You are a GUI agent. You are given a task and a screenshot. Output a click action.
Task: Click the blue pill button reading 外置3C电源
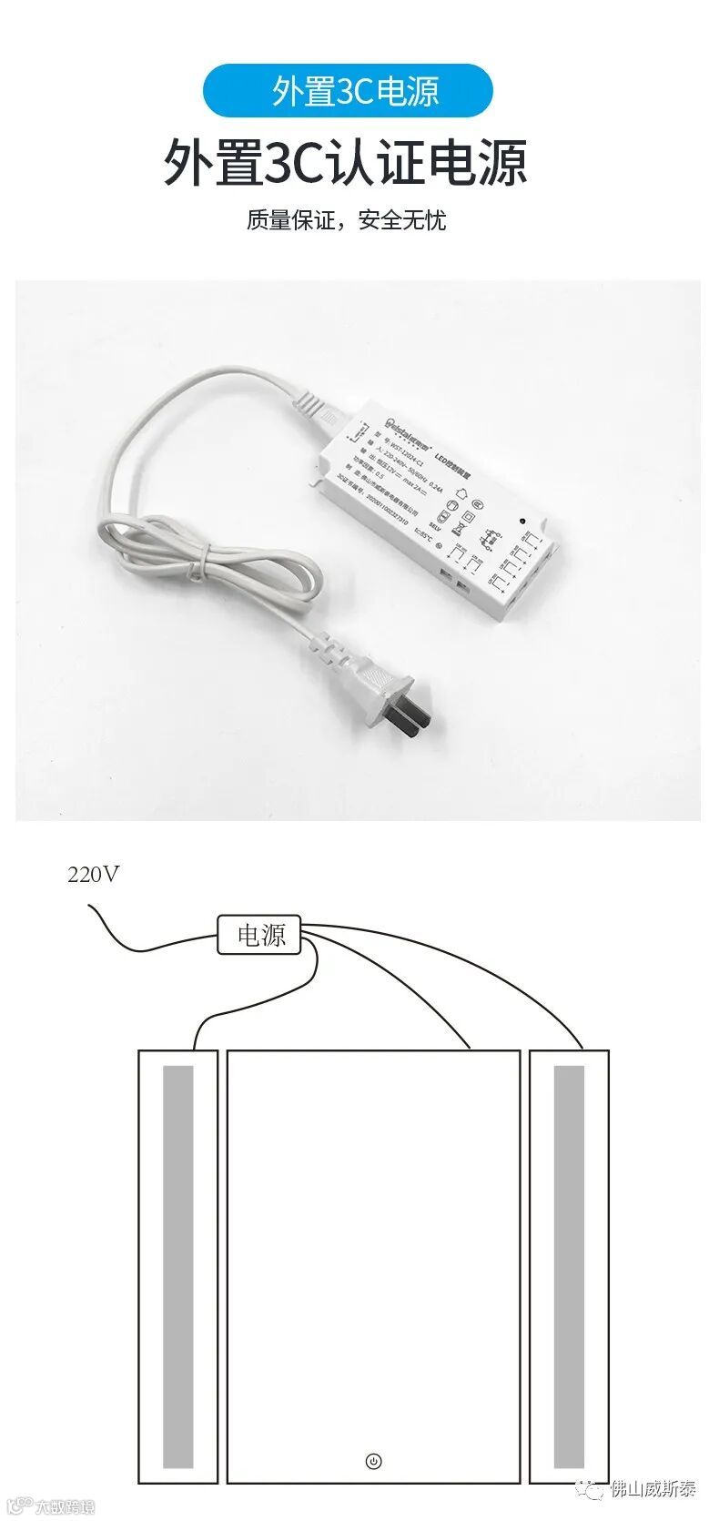pos(348,91)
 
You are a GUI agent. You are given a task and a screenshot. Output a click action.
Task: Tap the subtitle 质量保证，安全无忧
pos(346,220)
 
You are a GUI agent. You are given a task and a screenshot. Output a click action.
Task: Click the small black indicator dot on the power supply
pos(522,521)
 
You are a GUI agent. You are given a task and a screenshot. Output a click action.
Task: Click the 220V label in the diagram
pos(93,875)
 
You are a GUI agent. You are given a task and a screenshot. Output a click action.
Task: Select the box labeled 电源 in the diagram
pos(259,935)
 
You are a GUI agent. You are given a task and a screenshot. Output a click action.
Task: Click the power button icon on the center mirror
pos(373,1462)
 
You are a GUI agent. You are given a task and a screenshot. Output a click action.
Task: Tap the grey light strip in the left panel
pos(178,1265)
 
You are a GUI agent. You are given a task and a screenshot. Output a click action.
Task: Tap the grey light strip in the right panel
pos(569,1265)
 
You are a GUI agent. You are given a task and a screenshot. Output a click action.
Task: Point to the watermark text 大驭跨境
pos(64,1506)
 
